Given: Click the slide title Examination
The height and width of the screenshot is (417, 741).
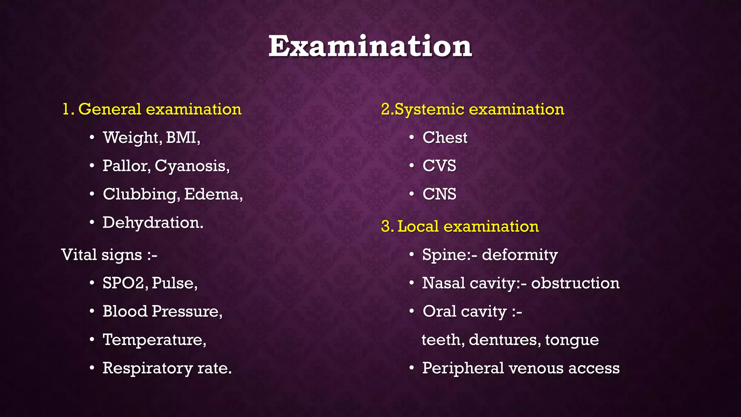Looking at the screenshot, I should pyautogui.click(x=370, y=46).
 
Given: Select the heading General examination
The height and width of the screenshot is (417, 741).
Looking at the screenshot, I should pyautogui.click(x=159, y=109).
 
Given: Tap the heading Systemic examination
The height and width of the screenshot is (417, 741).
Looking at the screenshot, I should pyautogui.click(x=479, y=109).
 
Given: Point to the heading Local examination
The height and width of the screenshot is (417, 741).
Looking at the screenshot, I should pyautogui.click(x=468, y=227).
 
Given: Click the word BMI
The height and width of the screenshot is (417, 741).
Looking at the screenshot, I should pyautogui.click(x=182, y=138).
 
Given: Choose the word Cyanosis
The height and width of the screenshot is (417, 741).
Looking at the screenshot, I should pyautogui.click(x=191, y=166).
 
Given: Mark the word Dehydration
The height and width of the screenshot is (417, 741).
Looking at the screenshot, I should pyautogui.click(x=153, y=223).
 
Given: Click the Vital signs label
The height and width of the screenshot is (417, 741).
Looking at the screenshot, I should pyautogui.click(x=109, y=255).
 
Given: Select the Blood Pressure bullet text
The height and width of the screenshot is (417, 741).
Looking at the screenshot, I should pyautogui.click(x=162, y=311).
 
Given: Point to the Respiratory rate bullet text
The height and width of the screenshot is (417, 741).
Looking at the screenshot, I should pyautogui.click(x=167, y=368).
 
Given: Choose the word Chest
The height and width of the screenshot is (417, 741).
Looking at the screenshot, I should pyautogui.click(x=445, y=138).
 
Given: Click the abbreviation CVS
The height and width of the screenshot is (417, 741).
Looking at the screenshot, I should pyautogui.click(x=439, y=166).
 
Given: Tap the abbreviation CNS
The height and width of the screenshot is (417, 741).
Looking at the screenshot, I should pyautogui.click(x=439, y=194).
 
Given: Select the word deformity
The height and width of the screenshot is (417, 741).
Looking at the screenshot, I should pyautogui.click(x=520, y=255).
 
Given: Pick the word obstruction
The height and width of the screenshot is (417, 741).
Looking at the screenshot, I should pyautogui.click(x=575, y=283).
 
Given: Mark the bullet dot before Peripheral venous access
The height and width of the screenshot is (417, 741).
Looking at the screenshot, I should pyautogui.click(x=411, y=368).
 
